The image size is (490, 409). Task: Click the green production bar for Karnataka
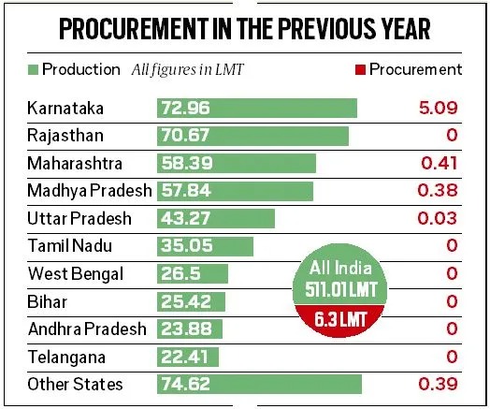coord(256,108)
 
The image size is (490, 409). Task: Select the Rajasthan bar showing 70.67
coord(252,136)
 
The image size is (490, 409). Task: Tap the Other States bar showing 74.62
coord(258,384)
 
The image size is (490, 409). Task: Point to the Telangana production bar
coord(187,357)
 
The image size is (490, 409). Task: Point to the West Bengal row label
coord(69,274)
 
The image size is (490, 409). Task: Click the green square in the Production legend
coord(34,69)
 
